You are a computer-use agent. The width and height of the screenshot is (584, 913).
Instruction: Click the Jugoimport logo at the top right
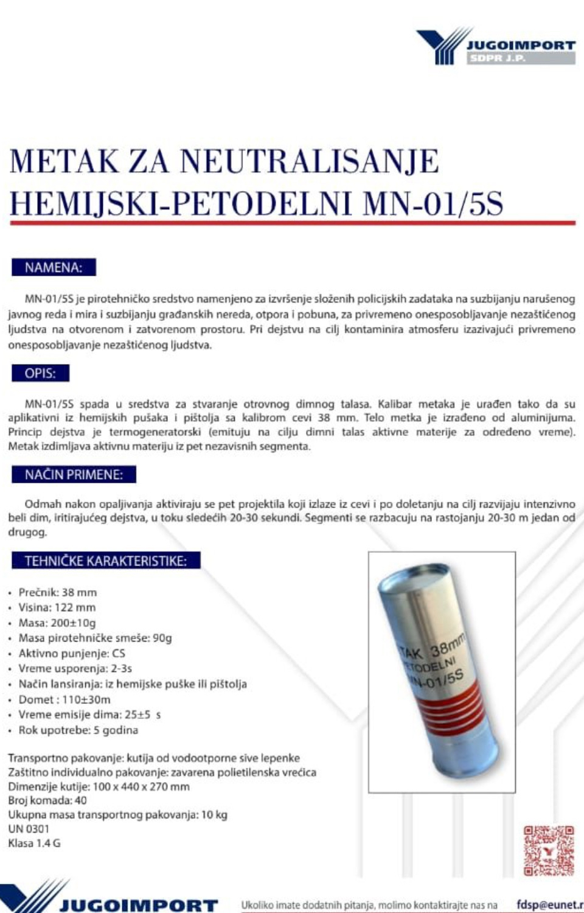495,46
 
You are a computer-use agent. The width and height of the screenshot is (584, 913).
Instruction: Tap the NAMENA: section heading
54,267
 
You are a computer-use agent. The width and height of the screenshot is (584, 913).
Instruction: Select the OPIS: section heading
40,373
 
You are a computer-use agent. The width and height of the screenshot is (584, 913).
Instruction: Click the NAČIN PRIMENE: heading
74,475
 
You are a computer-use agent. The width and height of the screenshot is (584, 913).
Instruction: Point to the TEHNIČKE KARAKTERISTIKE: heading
105,561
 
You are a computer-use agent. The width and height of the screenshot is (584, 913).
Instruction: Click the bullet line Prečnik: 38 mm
57,592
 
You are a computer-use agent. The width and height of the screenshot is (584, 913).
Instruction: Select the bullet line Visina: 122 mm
57,607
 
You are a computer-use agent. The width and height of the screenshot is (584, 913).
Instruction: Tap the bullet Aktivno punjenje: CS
71,653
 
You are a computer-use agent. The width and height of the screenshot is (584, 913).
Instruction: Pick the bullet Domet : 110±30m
64,699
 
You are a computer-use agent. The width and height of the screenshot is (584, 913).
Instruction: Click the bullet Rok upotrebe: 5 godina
78,730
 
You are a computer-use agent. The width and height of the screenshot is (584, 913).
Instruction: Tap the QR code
549,850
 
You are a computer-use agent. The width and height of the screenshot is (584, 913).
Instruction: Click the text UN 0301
29,828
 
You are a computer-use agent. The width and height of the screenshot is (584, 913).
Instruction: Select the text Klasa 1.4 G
34,843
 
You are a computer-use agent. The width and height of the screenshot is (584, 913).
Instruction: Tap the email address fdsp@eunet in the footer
548,904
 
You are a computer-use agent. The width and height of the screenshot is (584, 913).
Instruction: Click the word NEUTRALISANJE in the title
309,161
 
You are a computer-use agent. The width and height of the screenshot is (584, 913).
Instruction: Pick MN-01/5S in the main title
433,203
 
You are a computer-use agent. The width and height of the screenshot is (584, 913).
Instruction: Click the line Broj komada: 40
47,800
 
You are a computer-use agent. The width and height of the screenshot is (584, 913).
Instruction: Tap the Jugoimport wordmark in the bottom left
139,905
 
